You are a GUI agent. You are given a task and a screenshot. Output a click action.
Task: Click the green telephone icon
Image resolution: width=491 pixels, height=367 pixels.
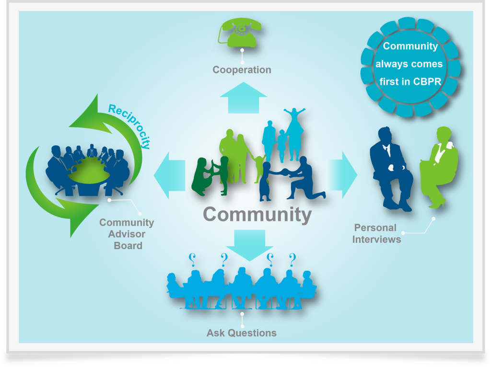(240, 33)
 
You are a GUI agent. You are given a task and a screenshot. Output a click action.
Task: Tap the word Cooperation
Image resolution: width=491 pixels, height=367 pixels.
(242, 70)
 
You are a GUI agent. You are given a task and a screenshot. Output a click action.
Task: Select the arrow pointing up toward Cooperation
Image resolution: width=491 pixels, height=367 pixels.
(243, 98)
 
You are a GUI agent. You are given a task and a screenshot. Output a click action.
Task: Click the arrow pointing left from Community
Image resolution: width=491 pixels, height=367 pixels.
(169, 175)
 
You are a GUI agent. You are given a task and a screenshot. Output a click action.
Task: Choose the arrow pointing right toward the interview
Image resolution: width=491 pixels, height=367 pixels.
(342, 175)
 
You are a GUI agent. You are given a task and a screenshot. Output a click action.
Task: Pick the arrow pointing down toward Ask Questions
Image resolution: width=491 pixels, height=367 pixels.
(249, 245)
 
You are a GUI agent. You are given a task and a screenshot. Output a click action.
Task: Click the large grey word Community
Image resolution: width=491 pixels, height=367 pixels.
(257, 215)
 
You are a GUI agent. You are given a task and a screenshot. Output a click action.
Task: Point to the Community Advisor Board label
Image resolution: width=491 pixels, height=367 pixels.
(127, 234)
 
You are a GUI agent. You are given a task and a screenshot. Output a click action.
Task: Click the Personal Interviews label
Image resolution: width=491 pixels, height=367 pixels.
(376, 233)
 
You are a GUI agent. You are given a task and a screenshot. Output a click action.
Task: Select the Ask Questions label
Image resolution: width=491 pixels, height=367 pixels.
(242, 333)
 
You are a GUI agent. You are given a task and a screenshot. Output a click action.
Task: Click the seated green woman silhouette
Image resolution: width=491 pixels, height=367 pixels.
(438, 167)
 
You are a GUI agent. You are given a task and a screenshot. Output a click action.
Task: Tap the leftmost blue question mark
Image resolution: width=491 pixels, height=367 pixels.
(192, 260)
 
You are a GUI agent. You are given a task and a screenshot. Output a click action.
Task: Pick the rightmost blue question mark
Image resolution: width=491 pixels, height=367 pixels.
(292, 260)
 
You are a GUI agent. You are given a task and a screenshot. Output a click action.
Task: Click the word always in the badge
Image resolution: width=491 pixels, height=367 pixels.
(388, 64)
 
